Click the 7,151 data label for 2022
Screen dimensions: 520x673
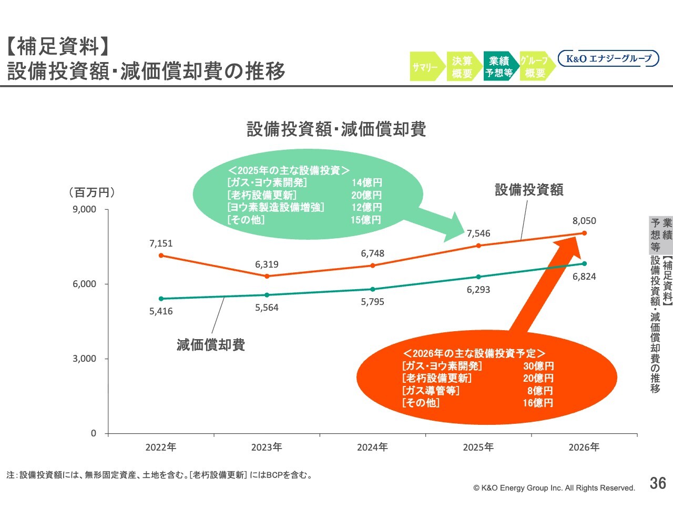[x=161, y=243]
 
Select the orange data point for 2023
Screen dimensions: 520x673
[x=267, y=276]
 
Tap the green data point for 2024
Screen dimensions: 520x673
[x=373, y=289]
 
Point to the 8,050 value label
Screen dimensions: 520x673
[x=584, y=221]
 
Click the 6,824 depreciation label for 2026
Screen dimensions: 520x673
[x=584, y=277]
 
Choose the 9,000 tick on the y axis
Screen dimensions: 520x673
[x=85, y=209]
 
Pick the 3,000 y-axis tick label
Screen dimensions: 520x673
[x=85, y=359]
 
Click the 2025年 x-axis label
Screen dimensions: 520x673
[x=478, y=447]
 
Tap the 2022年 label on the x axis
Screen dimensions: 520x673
[x=161, y=447]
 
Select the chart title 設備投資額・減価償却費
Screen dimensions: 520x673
[x=336, y=129]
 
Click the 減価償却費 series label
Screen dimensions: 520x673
[x=211, y=345]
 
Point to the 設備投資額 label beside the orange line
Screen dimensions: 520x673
[x=529, y=190]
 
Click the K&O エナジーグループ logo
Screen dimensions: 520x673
[x=608, y=58]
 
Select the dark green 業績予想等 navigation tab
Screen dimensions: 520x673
[x=499, y=67]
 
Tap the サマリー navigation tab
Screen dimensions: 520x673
[x=425, y=67]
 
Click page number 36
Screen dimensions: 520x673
[x=658, y=483]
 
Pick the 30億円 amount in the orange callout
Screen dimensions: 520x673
[x=538, y=366]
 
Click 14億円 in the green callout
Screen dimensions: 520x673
[x=366, y=182]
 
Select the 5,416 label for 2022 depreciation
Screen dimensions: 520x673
[x=161, y=311]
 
